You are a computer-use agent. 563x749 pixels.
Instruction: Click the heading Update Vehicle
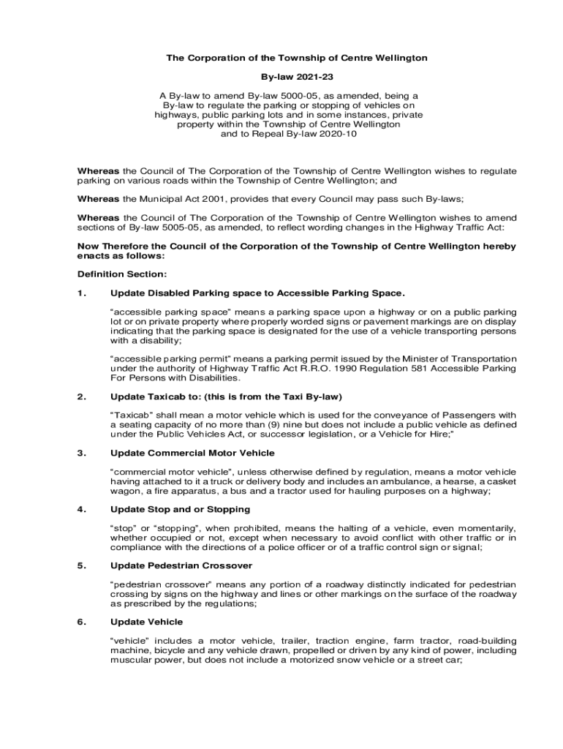tap(146, 622)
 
